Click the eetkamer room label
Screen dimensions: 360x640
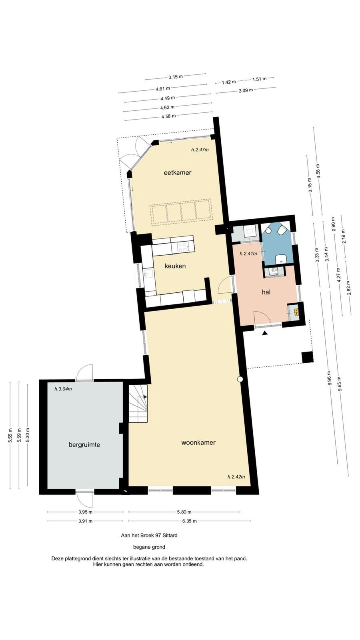tap(178, 172)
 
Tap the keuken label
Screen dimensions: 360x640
tap(175, 266)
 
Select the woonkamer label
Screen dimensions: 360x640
tap(198, 442)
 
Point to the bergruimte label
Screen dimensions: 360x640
tap(84, 445)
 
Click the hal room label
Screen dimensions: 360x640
tap(266, 292)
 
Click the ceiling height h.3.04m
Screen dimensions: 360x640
tap(63, 389)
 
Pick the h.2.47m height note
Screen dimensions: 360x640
tap(200, 150)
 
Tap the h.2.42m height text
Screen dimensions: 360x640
tap(236, 476)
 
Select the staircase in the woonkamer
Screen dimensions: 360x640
tap(138, 404)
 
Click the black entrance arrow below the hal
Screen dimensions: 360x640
tap(265, 333)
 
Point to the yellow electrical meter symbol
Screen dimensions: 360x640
tap(296, 312)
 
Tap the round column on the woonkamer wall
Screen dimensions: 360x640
tap(240, 379)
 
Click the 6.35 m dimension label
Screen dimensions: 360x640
tap(190, 521)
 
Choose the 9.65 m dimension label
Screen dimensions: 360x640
tap(339, 384)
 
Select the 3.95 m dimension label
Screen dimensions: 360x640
tap(85, 512)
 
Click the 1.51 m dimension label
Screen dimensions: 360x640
tap(259, 79)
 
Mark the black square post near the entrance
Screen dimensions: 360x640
tap(308, 357)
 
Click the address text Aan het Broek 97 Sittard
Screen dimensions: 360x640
tap(149, 536)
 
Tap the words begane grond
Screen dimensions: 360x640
tap(149, 547)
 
